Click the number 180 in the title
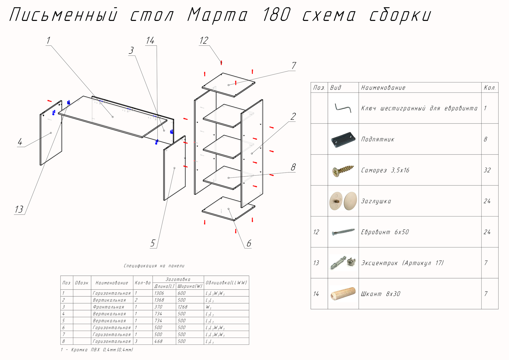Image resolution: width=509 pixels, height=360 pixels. [276, 15]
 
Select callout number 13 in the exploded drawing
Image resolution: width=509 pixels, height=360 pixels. [19, 209]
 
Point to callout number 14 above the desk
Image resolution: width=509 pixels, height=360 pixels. [150, 41]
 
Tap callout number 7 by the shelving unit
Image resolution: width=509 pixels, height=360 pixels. [294, 66]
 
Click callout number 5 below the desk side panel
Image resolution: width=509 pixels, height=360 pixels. [153, 243]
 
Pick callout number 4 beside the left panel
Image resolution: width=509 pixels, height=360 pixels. [20, 142]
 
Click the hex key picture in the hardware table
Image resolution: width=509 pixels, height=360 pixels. [343, 108]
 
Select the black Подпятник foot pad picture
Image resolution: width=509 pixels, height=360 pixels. [343, 139]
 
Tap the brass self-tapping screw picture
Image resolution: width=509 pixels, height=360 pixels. [343, 170]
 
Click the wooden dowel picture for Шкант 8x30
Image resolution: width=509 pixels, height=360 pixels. [343, 294]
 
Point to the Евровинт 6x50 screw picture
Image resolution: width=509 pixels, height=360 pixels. [343, 232]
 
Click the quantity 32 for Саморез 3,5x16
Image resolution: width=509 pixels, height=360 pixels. [487, 170]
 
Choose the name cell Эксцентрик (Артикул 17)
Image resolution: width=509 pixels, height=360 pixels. [402, 263]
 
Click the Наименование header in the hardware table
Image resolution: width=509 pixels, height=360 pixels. [383, 88]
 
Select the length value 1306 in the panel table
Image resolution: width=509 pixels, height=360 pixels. [159, 293]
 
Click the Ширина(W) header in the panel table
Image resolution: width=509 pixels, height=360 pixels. [190, 286]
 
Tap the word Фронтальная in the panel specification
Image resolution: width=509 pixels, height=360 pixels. [108, 307]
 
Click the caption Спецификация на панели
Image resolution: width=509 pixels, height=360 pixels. [154, 266]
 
